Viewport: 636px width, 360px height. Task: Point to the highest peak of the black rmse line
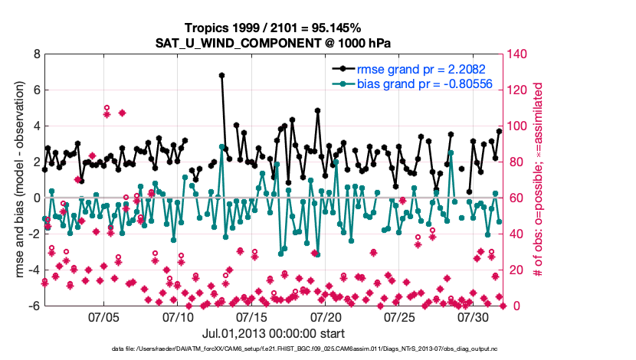click(x=221, y=75)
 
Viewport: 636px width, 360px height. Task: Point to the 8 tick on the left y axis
click(x=36, y=54)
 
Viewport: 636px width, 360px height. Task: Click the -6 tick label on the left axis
click(x=34, y=306)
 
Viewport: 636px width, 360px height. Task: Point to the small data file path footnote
click(x=274, y=349)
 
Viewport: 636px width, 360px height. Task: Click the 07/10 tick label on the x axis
click(x=179, y=316)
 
